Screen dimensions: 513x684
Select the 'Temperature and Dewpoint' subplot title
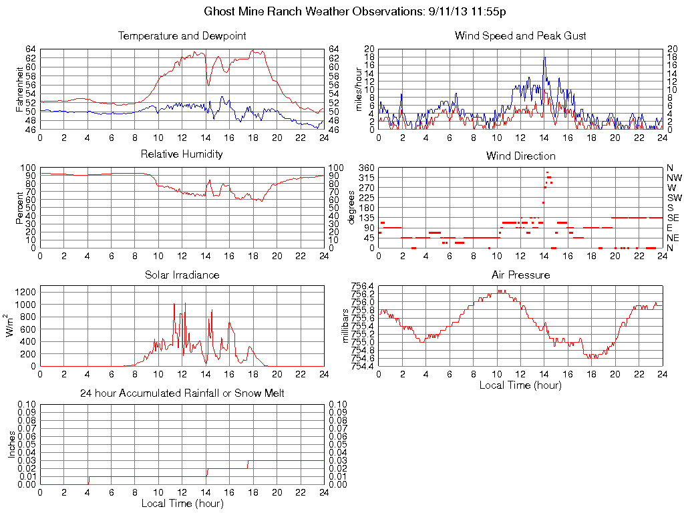[x=182, y=35]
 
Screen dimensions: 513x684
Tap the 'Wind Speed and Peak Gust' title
[x=520, y=35]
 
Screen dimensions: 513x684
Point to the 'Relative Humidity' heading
[x=182, y=154]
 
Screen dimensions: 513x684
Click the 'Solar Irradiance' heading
[x=182, y=275]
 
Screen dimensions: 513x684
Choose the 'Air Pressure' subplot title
[x=520, y=275]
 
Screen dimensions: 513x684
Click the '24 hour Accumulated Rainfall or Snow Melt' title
[x=182, y=393]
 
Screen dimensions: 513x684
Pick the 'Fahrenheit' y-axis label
[x=20, y=90]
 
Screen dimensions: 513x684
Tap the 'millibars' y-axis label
[x=346, y=327]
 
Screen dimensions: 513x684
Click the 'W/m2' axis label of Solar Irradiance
[x=11, y=326]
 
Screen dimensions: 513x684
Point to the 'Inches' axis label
[x=11, y=444]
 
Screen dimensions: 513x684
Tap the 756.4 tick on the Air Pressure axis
[x=363, y=286]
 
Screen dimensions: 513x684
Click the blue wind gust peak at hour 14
[x=544, y=57]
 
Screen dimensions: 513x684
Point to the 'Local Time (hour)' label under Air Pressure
[x=520, y=385]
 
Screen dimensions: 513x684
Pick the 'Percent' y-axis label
[x=20, y=208]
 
